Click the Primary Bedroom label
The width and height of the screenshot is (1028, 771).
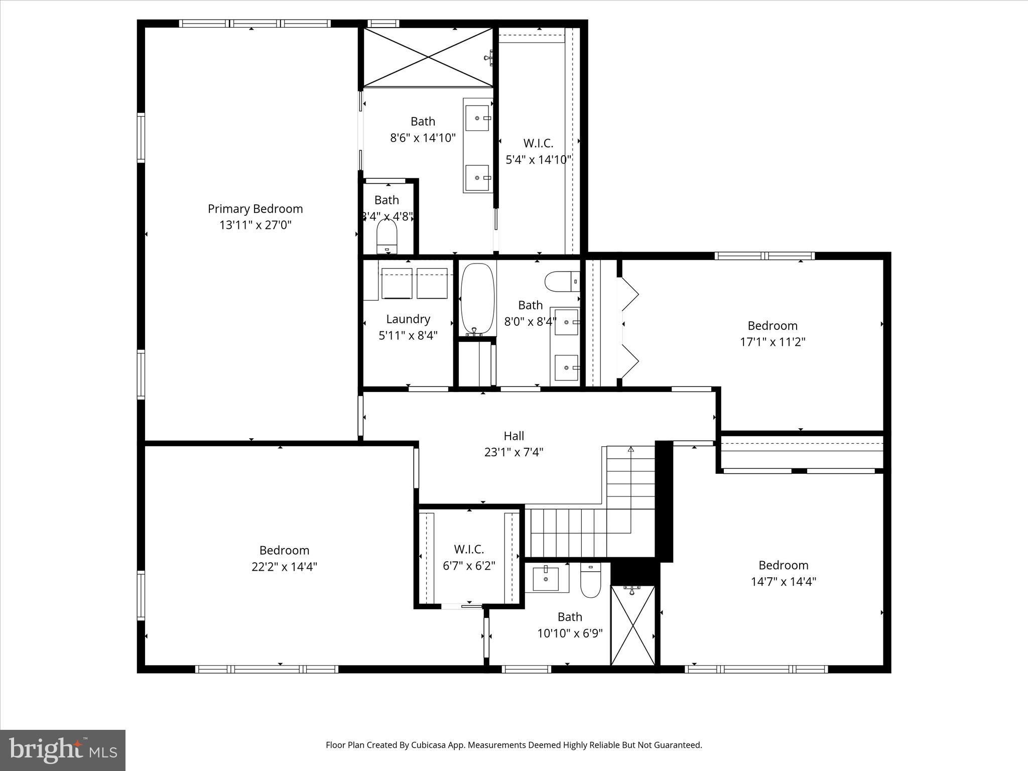[x=255, y=209]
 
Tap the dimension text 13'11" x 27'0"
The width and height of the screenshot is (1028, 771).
[x=255, y=225]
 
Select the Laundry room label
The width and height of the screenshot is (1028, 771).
[x=408, y=319]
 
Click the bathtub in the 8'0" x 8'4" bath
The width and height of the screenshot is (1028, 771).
[x=478, y=299]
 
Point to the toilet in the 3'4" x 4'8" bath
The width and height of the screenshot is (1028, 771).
[x=387, y=236]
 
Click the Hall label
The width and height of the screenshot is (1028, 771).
[x=513, y=436]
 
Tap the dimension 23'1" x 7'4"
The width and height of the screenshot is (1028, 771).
[x=513, y=452]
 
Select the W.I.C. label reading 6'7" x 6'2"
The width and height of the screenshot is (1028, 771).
[x=469, y=549]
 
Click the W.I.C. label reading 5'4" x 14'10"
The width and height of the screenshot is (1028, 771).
[x=538, y=144]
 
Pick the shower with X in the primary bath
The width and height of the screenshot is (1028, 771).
[x=428, y=57]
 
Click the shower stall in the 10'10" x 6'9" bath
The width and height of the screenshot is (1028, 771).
[x=632, y=627]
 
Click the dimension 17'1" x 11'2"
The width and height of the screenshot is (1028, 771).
[x=773, y=342]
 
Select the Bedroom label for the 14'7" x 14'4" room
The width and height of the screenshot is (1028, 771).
[x=783, y=565]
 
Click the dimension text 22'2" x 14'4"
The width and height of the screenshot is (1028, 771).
[x=284, y=567]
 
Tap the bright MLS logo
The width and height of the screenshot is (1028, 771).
[x=63, y=750]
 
